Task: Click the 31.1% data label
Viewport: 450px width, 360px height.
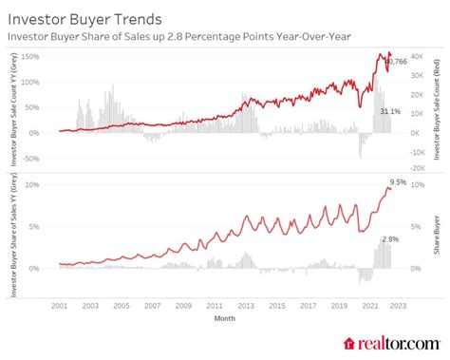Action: point(389,112)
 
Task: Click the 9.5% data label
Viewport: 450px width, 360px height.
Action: point(398,180)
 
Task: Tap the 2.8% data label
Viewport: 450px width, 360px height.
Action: point(388,239)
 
